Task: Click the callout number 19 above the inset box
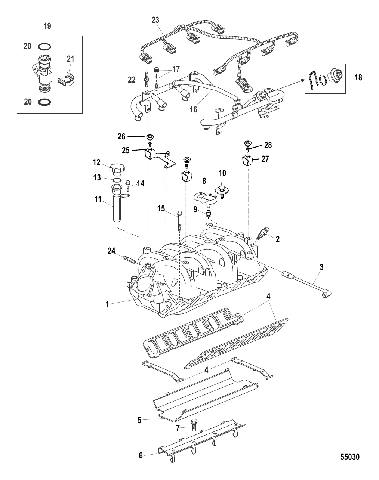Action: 47,26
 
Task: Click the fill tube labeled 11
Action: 118,204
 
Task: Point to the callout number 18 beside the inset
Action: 358,78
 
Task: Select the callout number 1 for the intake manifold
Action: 107,304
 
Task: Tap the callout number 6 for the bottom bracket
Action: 141,455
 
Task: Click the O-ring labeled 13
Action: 117,180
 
